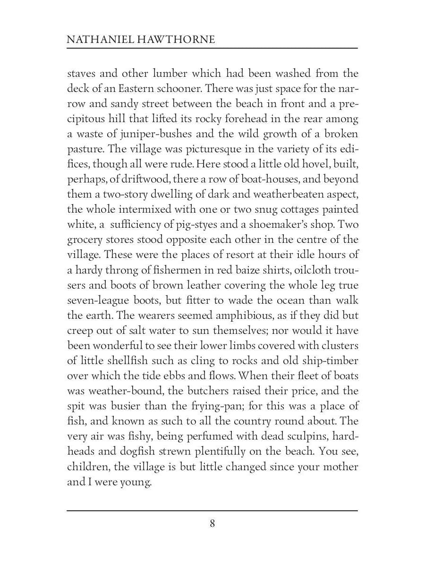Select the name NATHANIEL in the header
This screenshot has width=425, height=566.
92,40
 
